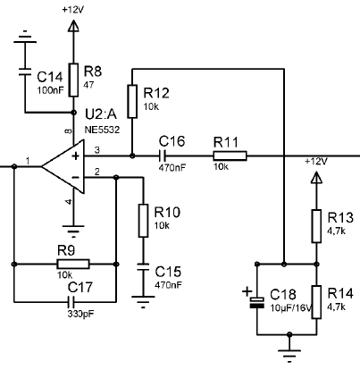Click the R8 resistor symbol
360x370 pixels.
point(73,80)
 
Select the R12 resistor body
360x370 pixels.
point(132,101)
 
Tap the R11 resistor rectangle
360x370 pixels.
point(230,156)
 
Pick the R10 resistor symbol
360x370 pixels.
point(143,221)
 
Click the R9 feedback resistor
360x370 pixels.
point(73,264)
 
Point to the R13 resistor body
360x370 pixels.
point(316,226)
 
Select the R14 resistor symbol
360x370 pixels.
point(316,302)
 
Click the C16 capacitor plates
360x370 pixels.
point(162,156)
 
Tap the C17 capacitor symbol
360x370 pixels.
point(71,302)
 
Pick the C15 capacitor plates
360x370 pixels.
point(143,266)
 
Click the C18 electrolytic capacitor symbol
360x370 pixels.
point(256,302)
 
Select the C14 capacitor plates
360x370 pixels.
point(25,71)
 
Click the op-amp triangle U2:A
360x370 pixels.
point(63,167)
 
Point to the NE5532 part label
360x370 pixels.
point(102,130)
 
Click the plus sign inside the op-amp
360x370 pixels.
point(76,156)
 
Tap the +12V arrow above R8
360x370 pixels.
point(73,26)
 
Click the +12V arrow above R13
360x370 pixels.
point(316,178)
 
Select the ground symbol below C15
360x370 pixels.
point(143,301)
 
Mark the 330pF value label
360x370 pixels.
point(80,314)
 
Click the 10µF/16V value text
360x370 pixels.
point(291,308)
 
